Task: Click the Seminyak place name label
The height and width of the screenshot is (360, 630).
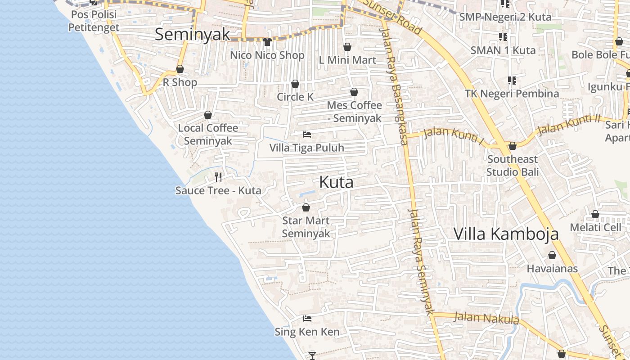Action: (x=192, y=35)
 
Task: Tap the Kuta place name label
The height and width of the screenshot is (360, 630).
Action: (x=336, y=182)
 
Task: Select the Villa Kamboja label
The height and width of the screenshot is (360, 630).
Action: (x=506, y=234)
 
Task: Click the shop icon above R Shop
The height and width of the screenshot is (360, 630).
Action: (x=180, y=69)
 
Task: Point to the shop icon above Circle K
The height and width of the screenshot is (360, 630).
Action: (x=295, y=84)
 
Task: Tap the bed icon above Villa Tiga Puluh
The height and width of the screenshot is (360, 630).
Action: (x=307, y=135)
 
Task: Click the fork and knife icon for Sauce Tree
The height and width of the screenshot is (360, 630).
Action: (x=218, y=177)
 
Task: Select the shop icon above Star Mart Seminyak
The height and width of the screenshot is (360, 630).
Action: (x=306, y=207)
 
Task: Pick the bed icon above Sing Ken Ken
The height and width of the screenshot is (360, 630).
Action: (x=307, y=319)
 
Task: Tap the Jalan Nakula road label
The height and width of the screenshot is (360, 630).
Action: (x=486, y=318)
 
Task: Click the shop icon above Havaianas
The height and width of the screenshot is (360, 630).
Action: (x=552, y=256)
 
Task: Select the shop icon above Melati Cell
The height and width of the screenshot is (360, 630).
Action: (x=595, y=214)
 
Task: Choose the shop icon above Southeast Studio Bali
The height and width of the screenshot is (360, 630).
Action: (x=512, y=146)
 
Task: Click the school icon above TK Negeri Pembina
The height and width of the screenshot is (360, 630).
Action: (x=512, y=81)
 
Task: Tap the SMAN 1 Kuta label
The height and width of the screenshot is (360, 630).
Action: (x=503, y=50)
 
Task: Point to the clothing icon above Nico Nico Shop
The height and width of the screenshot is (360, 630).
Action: (x=267, y=42)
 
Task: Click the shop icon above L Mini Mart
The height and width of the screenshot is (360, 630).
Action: (x=347, y=47)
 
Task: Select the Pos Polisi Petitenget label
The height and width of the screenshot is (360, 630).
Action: (x=94, y=21)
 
